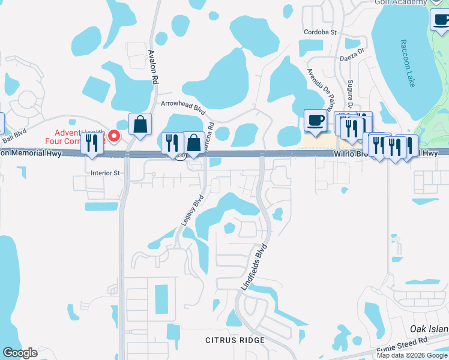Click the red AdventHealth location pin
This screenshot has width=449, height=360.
click(x=113, y=135)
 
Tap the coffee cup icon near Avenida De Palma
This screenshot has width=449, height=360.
click(x=316, y=121)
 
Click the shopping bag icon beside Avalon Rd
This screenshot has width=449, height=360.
click(x=140, y=125)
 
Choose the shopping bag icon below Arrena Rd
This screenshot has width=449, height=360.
click(x=194, y=143)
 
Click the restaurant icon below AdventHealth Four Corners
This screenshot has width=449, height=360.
click(x=92, y=143)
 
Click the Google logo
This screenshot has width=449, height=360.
click(x=20, y=353)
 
